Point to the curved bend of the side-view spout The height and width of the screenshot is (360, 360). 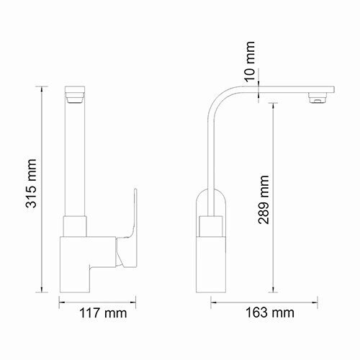click(x=217, y=104)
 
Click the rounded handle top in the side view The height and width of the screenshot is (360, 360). click(x=211, y=198)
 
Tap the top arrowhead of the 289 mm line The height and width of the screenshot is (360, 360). click(x=274, y=103)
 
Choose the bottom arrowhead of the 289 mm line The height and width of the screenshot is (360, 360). click(x=274, y=292)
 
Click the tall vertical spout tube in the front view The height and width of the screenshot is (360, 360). click(x=76, y=158)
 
